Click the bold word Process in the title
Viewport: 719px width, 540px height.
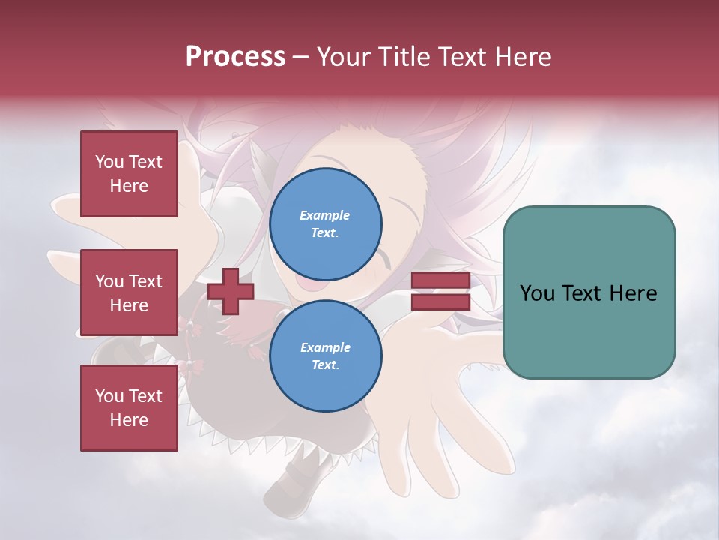tap(235, 57)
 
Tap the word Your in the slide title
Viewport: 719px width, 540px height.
tap(345, 57)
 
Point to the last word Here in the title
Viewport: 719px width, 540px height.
tap(524, 57)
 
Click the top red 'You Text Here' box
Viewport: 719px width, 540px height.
tap(129, 174)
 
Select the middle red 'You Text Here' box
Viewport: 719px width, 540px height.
tap(129, 292)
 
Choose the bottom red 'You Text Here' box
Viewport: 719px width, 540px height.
tap(129, 408)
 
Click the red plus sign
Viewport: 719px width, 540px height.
tap(231, 291)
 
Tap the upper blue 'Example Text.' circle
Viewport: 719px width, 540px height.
tap(325, 224)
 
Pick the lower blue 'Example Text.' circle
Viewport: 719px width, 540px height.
tap(325, 356)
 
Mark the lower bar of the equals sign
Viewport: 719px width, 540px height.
tap(440, 301)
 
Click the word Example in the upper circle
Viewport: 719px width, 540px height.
tap(325, 215)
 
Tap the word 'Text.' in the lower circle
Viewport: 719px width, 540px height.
tap(325, 365)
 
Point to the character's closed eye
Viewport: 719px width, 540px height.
tap(386, 259)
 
